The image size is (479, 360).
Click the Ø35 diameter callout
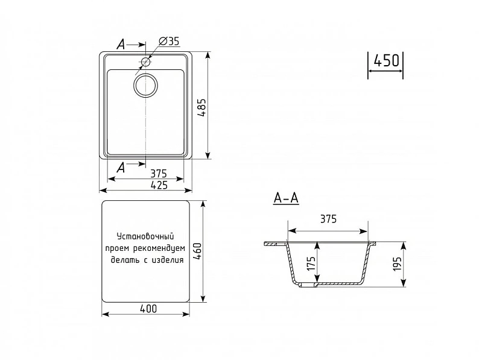click(x=170, y=41)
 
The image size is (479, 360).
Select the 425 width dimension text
click(x=159, y=185)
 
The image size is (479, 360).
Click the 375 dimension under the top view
click(x=159, y=174)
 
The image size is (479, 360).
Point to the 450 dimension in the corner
click(x=387, y=60)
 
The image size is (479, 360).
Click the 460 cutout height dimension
click(x=197, y=251)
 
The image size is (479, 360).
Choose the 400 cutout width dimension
click(x=148, y=309)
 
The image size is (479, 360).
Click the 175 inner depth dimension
click(x=311, y=264)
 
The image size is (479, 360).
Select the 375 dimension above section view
click(x=328, y=219)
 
